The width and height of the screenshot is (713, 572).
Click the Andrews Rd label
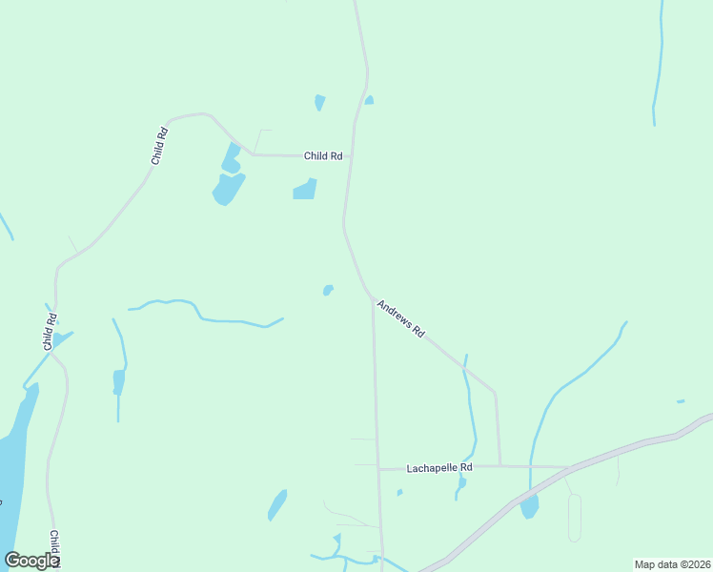tap(400, 318)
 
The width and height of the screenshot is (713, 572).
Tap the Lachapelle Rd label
tap(439, 468)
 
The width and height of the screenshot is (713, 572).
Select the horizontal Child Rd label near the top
tap(323, 155)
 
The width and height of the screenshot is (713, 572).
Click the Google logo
tap(31, 561)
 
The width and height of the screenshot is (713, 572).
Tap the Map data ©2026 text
tap(672, 564)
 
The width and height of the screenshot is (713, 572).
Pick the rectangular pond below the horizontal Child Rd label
tap(305, 190)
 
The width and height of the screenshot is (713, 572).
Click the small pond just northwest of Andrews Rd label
tap(328, 290)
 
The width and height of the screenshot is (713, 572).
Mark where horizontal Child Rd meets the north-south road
tap(350, 155)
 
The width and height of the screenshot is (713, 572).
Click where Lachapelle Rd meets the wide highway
tap(569, 468)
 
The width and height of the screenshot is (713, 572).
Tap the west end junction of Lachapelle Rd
tap(378, 469)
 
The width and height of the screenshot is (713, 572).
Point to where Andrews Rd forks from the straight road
tap(373, 299)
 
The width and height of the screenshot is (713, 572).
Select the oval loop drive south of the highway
tap(574, 518)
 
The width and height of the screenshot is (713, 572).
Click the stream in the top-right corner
tap(657, 67)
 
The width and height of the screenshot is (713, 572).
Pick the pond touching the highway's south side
tap(529, 505)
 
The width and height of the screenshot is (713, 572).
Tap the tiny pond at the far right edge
tap(680, 401)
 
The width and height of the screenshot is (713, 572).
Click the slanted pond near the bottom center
tap(277, 504)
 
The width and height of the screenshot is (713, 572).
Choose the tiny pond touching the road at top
tap(369, 99)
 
